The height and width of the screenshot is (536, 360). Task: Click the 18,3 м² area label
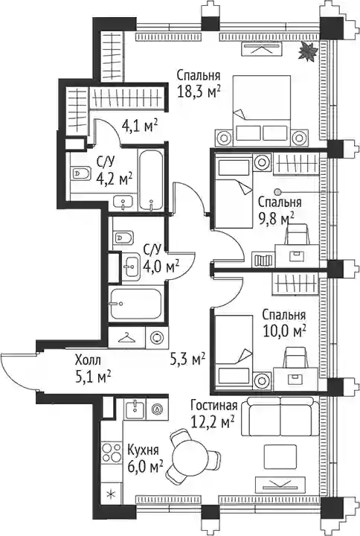(x=198, y=92)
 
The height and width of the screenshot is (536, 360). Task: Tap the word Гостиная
(x=213, y=406)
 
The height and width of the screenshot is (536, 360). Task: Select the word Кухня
(x=143, y=450)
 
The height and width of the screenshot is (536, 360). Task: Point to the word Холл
(x=88, y=360)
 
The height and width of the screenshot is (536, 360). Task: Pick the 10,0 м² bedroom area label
(x=284, y=331)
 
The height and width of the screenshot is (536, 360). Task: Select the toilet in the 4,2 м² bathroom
(x=80, y=173)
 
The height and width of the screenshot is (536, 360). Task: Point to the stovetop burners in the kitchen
(x=112, y=452)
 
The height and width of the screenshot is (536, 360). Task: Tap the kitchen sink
(x=136, y=408)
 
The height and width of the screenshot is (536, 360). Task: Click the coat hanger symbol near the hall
(x=126, y=337)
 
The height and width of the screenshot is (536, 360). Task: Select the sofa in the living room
(x=280, y=416)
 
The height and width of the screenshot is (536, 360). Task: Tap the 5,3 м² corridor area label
(x=187, y=359)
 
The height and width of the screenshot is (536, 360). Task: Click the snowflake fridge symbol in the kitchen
(x=110, y=494)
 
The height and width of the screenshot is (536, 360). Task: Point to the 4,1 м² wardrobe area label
(x=139, y=127)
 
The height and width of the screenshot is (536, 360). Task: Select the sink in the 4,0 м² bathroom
(x=130, y=264)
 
